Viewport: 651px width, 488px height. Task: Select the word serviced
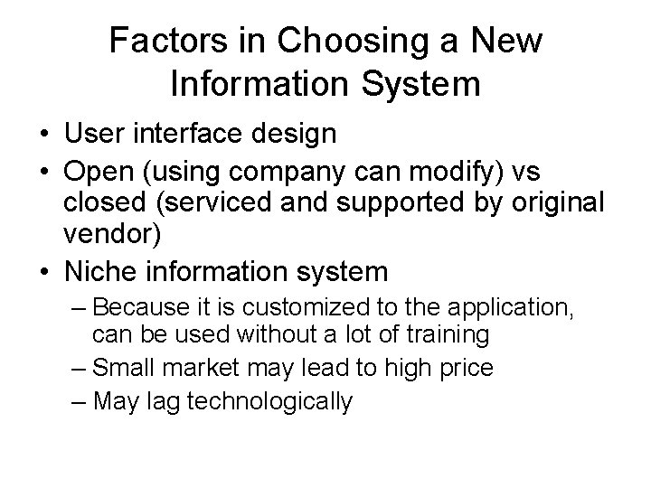coord(210,203)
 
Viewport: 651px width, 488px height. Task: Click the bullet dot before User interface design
coord(44,136)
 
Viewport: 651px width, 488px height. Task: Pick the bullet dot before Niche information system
coord(44,271)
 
